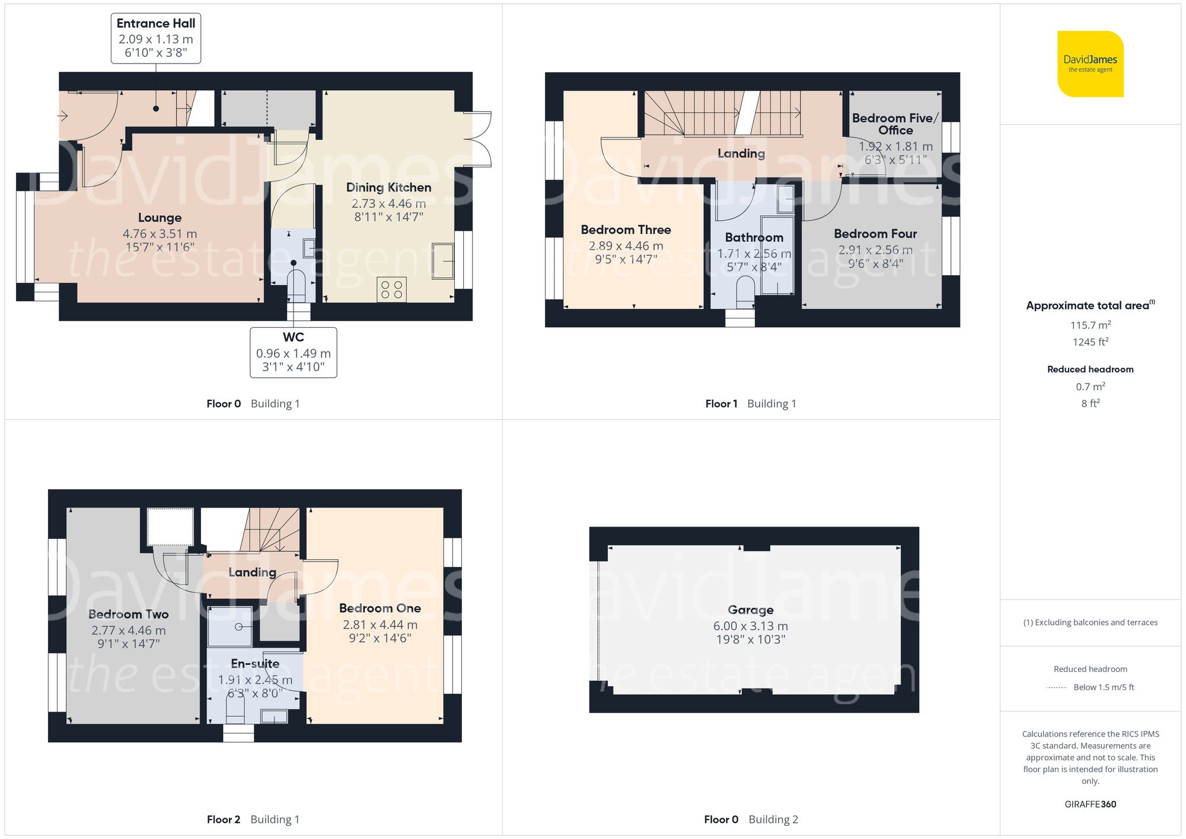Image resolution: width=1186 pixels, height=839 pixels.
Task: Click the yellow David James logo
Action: [1090, 64]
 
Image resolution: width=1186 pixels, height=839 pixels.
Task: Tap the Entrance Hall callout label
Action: [156, 38]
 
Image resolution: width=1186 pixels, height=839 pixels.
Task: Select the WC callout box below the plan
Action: [294, 352]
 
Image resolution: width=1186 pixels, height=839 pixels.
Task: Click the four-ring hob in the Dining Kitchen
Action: [391, 289]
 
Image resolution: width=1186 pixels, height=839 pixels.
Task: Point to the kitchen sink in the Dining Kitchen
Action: [442, 260]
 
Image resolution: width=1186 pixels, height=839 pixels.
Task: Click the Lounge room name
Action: [160, 218]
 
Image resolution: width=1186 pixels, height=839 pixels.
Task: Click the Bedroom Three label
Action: [626, 229]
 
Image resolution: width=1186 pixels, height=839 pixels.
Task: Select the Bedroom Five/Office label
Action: [895, 124]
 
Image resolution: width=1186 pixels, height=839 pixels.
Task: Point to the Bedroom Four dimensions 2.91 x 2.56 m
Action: [875, 250]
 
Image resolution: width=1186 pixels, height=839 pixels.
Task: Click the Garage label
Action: [750, 610]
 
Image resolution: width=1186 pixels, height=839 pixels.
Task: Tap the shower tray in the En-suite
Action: [230, 626]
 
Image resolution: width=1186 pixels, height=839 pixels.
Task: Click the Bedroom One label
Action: [380, 608]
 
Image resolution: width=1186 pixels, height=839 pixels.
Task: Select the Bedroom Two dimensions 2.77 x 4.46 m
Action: [129, 630]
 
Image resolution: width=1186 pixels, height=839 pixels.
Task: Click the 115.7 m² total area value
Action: [1090, 325]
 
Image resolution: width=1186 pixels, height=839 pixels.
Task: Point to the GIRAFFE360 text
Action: [1090, 804]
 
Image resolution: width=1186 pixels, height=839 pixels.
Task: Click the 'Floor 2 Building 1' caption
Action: [253, 819]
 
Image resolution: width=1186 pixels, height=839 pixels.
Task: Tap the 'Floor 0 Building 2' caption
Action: [751, 819]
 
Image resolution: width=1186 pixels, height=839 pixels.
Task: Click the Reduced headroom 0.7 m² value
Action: [1090, 387]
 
